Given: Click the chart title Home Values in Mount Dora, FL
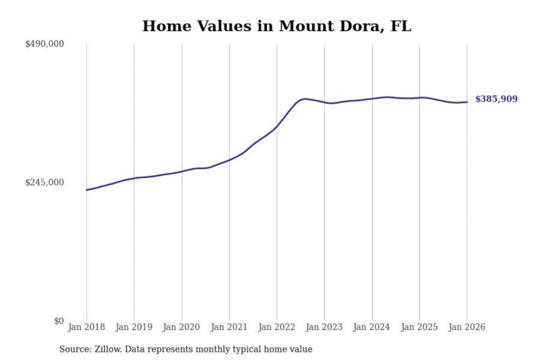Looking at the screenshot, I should [277, 26].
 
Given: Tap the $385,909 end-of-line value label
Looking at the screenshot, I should [496, 99].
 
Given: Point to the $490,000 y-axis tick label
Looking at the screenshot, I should [45, 44].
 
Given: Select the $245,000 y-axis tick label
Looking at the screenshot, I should [45, 183].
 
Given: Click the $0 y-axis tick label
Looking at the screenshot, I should [59, 321].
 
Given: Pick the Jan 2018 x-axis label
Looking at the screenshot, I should [87, 327].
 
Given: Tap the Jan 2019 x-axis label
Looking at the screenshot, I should [134, 327].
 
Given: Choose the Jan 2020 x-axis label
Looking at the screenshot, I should [181, 327].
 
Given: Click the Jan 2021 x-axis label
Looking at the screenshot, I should [229, 327].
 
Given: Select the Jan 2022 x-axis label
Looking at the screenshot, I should [277, 327].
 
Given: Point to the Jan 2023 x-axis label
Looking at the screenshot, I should [324, 327].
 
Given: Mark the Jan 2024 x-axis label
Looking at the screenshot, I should [372, 327].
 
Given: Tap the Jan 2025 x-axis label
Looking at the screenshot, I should [419, 327].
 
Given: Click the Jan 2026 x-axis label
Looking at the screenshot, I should [467, 327].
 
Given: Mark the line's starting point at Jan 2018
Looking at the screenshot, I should [87, 190].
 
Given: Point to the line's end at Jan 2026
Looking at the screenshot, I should [467, 102].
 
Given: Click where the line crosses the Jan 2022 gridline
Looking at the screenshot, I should [277, 126].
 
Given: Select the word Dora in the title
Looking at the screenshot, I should [360, 26].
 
